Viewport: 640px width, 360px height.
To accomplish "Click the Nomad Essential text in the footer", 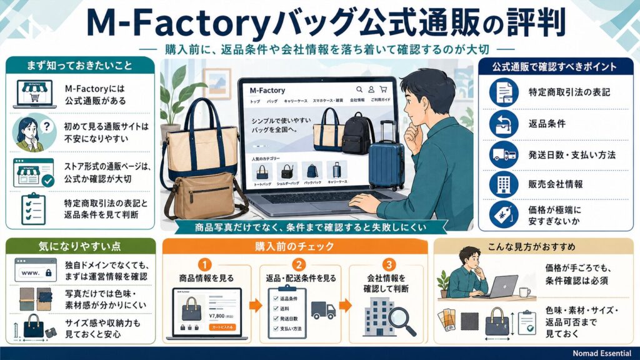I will tap(601, 353).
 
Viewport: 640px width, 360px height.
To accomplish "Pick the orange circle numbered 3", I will tap(390, 264).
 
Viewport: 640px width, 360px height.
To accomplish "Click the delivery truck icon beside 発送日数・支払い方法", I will tap(504, 154).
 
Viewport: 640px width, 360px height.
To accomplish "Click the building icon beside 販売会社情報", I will tap(504, 184).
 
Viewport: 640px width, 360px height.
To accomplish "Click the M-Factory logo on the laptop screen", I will tap(267, 91).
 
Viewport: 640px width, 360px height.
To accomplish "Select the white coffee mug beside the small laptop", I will tap(524, 291).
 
